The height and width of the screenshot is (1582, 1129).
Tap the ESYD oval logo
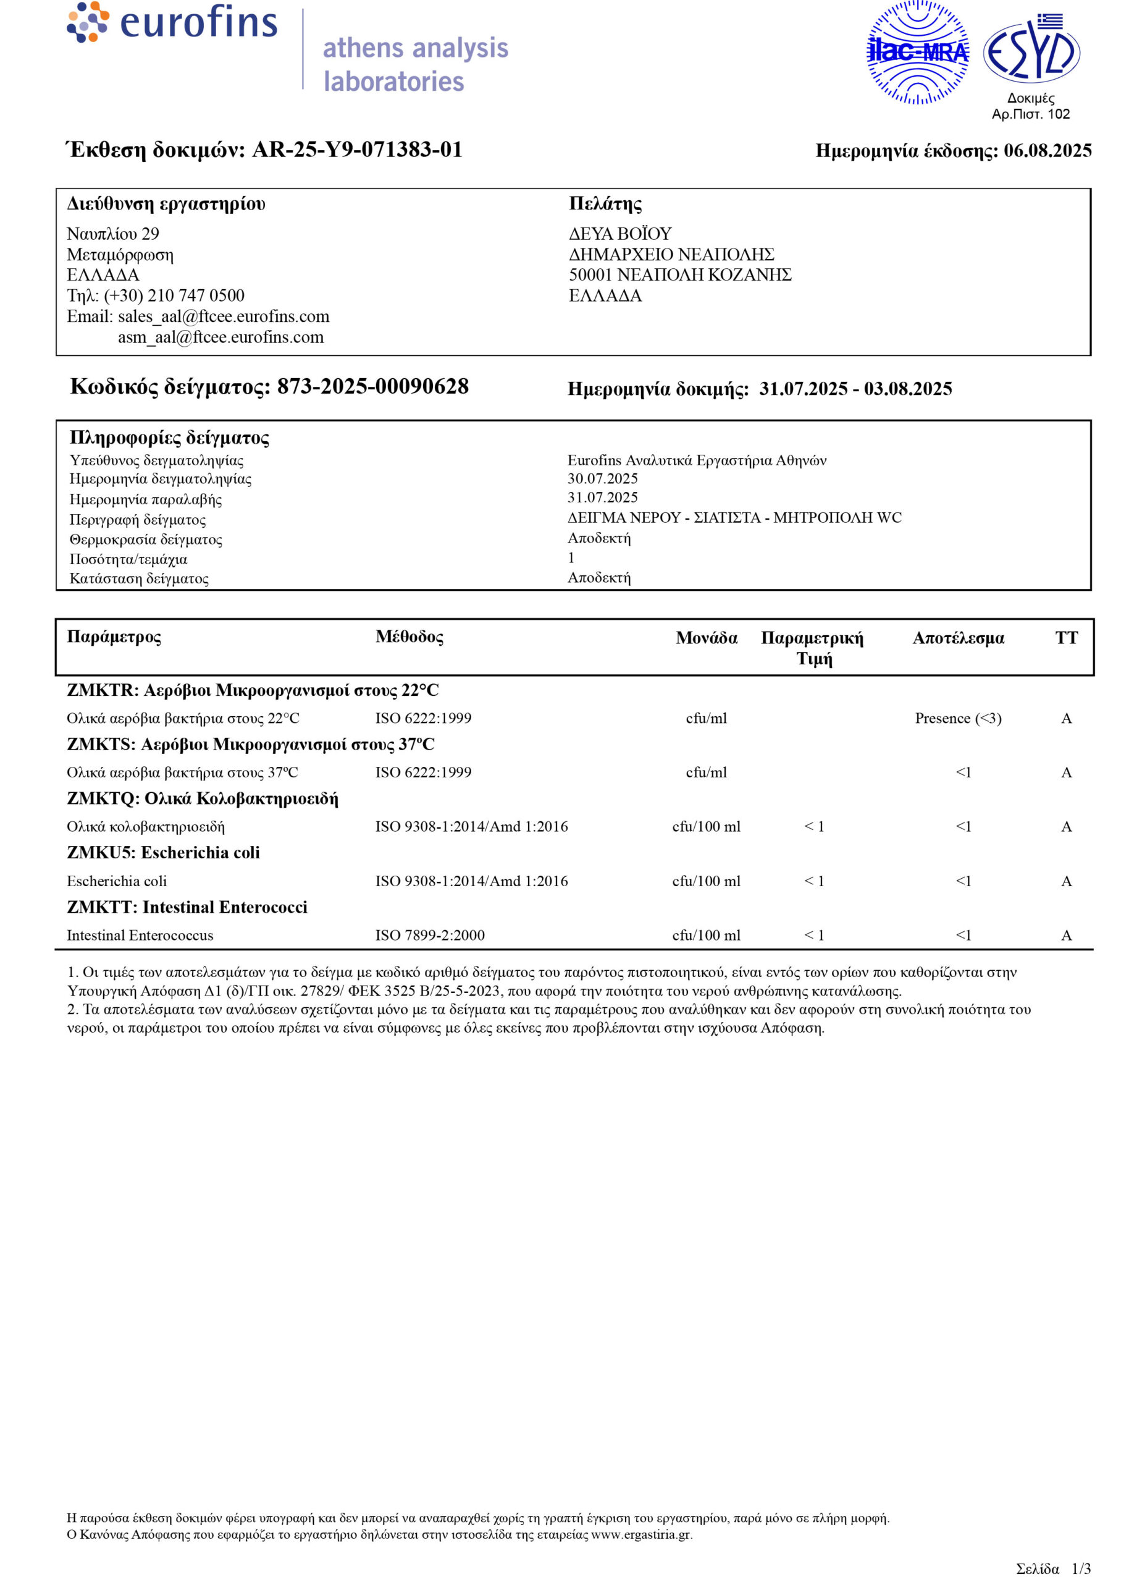pos(1031,51)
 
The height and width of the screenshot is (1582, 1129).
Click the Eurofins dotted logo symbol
pos(88,22)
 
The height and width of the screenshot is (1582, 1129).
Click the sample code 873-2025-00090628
pos(372,387)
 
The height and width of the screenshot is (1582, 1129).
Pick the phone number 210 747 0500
pos(196,295)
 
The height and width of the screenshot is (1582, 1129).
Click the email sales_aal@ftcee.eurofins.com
pos(223,316)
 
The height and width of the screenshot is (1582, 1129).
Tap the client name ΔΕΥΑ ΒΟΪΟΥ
pos(620,234)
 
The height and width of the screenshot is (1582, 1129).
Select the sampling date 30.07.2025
pos(602,478)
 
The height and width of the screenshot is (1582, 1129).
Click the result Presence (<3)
pos(958,718)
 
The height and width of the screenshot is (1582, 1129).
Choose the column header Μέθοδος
pos(409,637)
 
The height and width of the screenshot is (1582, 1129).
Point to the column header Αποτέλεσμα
pos(958,638)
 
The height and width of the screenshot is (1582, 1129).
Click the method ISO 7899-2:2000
pos(430,935)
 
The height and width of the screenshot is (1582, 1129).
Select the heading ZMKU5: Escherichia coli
pos(164,853)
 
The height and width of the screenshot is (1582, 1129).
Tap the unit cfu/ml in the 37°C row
pos(707,772)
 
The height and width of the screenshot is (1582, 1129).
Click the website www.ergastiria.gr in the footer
pos(641,1534)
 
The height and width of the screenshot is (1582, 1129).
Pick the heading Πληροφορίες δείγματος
pos(169,438)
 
